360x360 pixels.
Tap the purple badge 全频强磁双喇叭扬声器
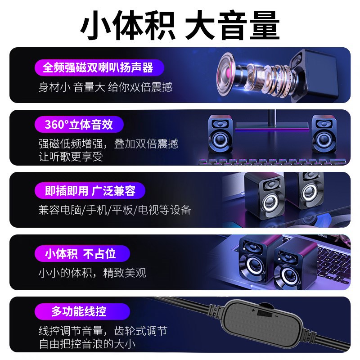(98, 67)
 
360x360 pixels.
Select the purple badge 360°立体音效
(79, 125)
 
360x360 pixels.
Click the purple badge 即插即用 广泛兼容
(90, 191)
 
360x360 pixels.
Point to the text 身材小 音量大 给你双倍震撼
(105, 87)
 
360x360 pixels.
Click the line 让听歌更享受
(71, 157)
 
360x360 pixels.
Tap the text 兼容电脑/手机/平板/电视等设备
(115, 210)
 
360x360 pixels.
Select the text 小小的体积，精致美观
(92, 272)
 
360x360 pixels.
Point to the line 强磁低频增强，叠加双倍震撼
(108, 144)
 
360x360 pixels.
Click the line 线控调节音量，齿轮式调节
(103, 331)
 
